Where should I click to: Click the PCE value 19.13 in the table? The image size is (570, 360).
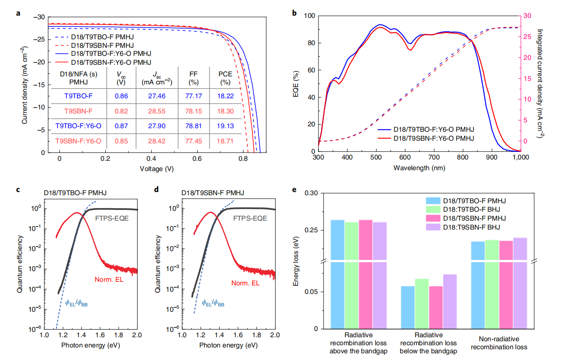click(226, 126)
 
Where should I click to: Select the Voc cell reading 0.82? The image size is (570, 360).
click(120, 111)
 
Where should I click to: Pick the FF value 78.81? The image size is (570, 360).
click(193, 126)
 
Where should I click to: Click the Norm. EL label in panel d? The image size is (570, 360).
click(246, 283)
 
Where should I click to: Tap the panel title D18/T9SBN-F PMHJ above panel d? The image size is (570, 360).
click(212, 193)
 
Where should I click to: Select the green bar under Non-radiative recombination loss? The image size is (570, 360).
click(492, 284)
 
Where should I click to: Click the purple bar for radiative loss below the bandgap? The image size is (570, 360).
click(450, 301)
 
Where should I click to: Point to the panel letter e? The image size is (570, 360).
click(293, 190)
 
